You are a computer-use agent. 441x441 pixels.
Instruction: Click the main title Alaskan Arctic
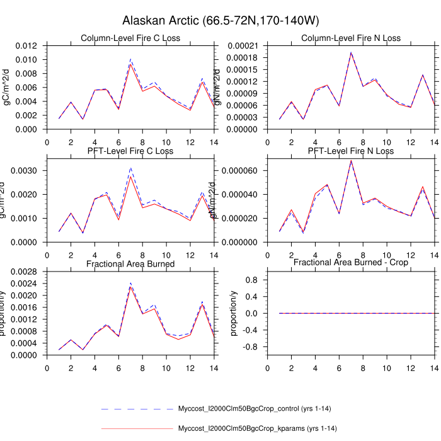(220, 21)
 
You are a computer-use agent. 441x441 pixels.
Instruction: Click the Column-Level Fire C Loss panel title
(130, 38)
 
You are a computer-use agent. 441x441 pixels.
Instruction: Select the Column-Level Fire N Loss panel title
(350, 38)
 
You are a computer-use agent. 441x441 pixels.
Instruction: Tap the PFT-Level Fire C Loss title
(130, 151)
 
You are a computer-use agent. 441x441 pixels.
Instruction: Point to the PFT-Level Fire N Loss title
(350, 151)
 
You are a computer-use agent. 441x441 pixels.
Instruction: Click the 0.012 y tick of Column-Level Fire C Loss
(28, 46)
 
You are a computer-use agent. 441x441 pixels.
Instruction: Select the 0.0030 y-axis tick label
(28, 171)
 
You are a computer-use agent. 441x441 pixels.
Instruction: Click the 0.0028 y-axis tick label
(28, 271)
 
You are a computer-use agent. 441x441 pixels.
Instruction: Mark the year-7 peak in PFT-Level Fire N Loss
(351, 161)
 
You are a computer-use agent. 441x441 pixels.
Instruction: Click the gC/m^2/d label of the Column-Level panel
(8, 86)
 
